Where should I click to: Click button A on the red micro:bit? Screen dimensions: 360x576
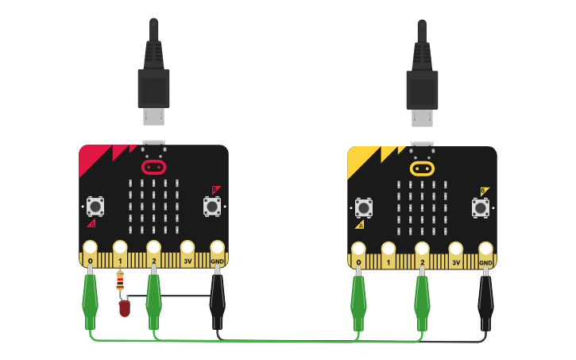coord(95,207)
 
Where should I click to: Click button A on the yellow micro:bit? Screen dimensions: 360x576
coord(364,207)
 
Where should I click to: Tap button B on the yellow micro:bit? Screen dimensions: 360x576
coord(480,207)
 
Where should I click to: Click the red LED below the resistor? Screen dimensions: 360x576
coord(124,308)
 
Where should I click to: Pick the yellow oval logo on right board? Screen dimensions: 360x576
coord(422,168)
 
